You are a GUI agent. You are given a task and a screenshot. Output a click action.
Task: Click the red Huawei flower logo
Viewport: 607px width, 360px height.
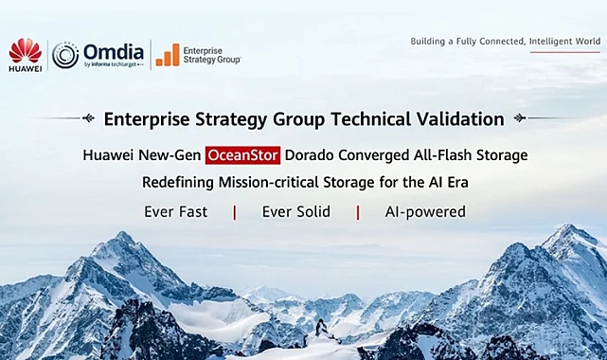(26, 49)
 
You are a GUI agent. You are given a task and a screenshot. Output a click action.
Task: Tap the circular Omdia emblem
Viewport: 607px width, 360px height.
(65, 54)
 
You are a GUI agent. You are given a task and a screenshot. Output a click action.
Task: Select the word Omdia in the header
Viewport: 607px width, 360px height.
(113, 51)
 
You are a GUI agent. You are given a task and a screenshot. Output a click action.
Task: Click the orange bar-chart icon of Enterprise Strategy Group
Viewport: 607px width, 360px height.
(167, 55)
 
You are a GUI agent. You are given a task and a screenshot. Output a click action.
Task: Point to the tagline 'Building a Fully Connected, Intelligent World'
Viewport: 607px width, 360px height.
(505, 42)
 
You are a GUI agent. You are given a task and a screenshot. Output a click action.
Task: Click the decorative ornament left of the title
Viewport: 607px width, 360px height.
(88, 118)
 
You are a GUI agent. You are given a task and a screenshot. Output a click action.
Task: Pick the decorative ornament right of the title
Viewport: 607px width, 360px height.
(519, 118)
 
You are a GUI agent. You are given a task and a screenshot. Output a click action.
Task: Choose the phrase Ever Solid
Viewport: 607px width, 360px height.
(295, 211)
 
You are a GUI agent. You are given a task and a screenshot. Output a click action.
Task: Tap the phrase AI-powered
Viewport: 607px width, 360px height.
(424, 211)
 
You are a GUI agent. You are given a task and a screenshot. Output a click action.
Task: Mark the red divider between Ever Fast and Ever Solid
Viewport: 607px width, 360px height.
(235, 212)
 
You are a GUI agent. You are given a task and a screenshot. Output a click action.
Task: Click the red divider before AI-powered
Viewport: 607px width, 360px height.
(358, 212)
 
